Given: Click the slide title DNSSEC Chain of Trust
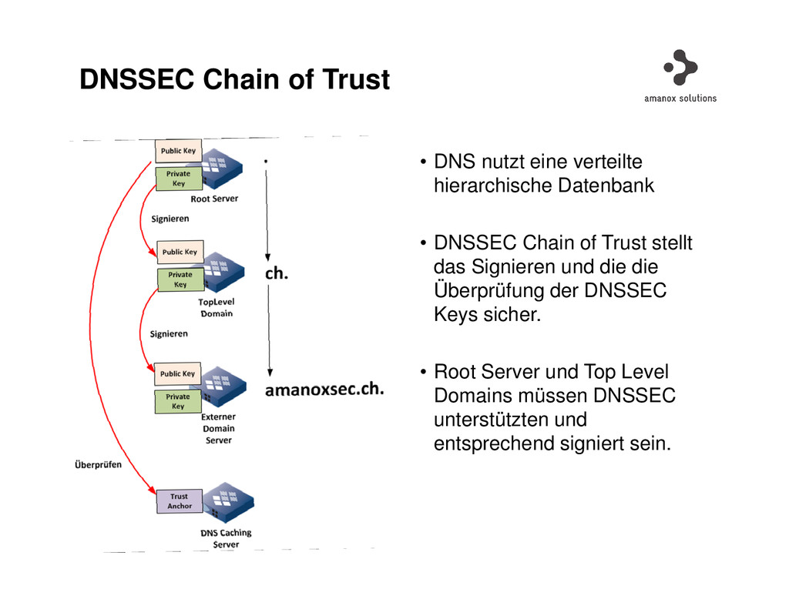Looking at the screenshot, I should (234, 79).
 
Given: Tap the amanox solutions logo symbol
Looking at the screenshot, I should (680, 67).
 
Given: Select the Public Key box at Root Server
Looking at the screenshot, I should (178, 151).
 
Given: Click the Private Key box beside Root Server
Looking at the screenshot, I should (178, 179).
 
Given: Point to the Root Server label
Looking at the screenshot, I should (214, 199).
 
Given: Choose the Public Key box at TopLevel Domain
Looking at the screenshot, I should (180, 252).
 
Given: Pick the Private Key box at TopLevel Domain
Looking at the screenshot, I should (180, 279).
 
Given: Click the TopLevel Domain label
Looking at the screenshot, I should (216, 308).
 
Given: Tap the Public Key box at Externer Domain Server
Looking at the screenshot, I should (178, 374).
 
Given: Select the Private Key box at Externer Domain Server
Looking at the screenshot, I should (178, 401).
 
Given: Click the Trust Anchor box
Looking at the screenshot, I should (180, 501).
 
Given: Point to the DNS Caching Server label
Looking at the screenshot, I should (226, 538).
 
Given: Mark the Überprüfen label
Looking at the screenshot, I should (98, 465).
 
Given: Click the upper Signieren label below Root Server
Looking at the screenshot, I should (170, 219).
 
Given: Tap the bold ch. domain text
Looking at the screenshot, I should (277, 273).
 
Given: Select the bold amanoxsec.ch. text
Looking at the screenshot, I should (324, 390).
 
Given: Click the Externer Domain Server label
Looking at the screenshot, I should (218, 428).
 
